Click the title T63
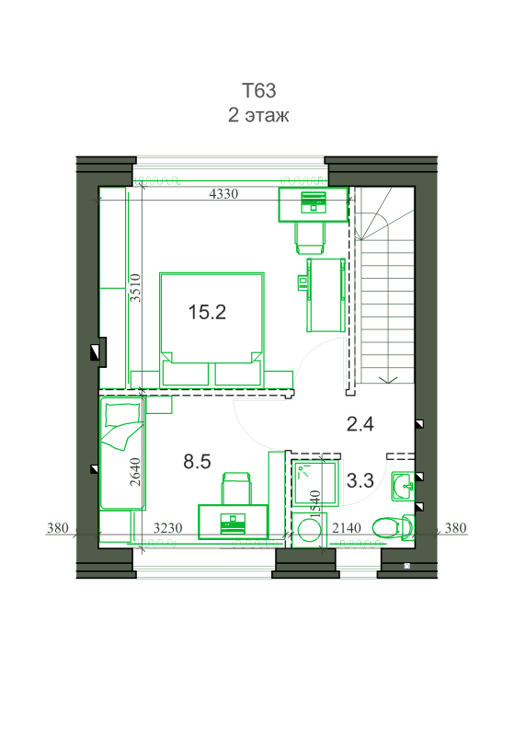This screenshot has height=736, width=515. click(259, 90)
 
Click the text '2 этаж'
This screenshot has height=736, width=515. click(258, 115)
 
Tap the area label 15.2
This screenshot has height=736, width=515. click(207, 312)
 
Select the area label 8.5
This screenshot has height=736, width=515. click(197, 462)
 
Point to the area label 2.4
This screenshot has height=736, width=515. click(360, 424)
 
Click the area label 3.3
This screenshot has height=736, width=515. click(360, 480)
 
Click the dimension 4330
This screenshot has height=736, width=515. click(223, 193)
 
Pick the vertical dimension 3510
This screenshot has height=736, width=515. click(135, 288)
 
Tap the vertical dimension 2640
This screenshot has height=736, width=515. click(135, 472)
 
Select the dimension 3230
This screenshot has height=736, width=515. click(168, 528)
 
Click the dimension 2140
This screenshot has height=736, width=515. click(347, 528)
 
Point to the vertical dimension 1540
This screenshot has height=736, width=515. click(315, 504)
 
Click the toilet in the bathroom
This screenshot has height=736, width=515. click(394, 527)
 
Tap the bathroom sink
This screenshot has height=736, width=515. click(403, 487)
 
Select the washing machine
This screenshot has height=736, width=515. click(309, 530)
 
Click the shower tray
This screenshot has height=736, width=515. click(315, 484)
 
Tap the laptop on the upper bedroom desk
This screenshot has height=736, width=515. click(314, 201)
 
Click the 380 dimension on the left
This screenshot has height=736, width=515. click(58, 528)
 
